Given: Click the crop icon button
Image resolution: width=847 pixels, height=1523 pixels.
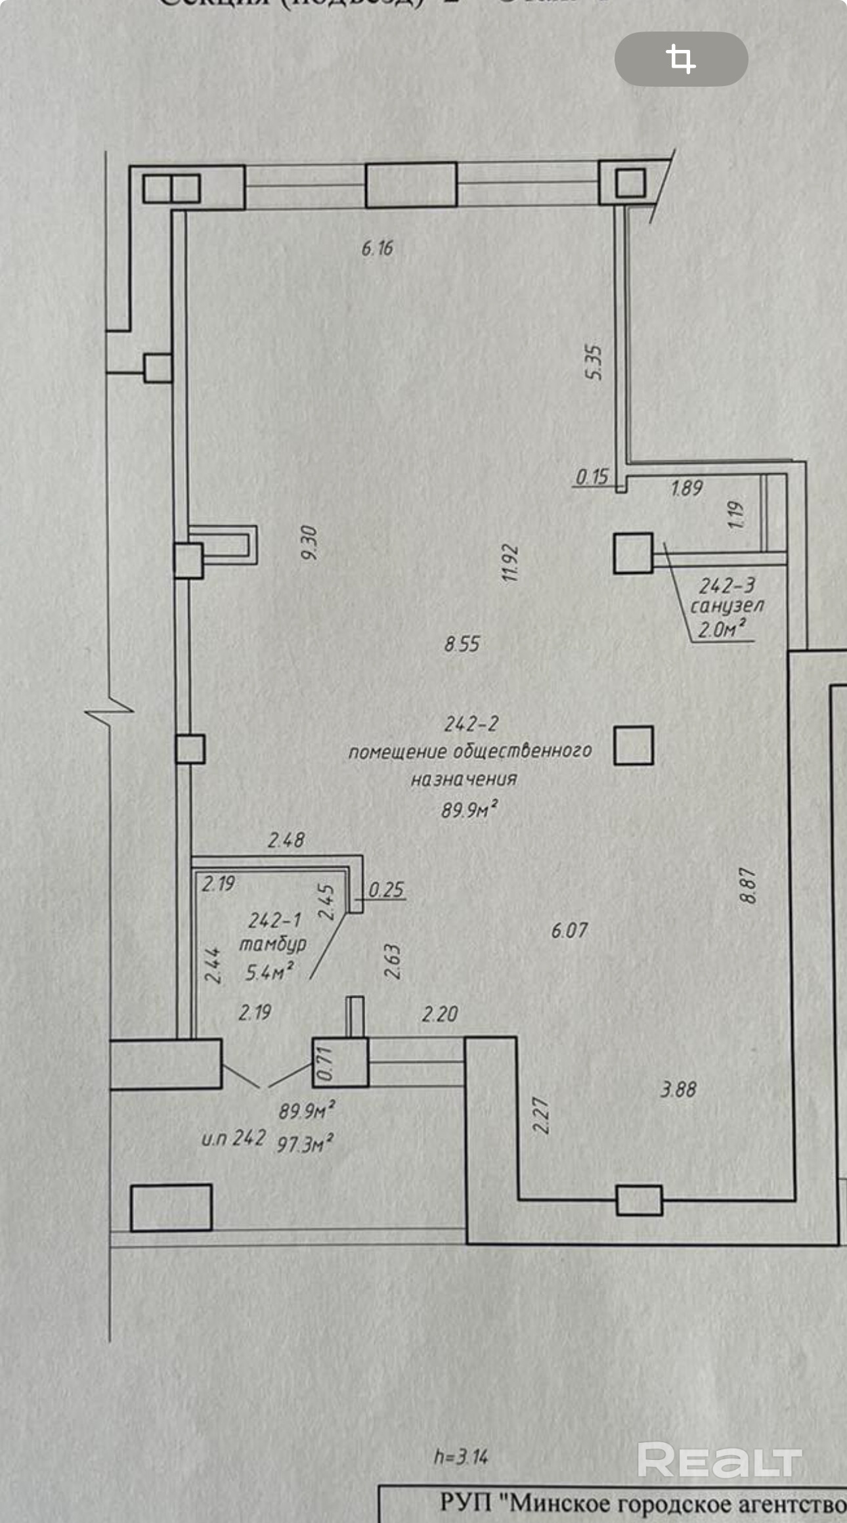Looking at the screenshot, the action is coord(681,59).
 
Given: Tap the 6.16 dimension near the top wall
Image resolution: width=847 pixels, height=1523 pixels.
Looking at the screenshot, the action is coord(377,248).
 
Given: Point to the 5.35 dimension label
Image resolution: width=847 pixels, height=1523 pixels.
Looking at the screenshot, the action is coord(593,362).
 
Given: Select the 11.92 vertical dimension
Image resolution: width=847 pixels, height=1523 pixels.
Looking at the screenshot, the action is coord(510,563).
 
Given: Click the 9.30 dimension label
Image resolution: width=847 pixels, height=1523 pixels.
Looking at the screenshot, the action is coord(309,542).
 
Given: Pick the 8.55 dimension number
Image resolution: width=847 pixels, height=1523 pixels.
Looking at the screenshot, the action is coord(462,644).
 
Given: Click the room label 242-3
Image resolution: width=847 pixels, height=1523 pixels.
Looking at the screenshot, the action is coord(727,585).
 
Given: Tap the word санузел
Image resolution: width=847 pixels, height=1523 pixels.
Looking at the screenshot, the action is coord(727,606).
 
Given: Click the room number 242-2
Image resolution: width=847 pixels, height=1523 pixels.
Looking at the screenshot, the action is coord(471,724).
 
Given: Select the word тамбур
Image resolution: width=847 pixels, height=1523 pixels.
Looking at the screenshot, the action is coord(272,944).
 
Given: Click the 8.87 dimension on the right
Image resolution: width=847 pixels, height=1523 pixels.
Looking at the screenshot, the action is coord(748,885).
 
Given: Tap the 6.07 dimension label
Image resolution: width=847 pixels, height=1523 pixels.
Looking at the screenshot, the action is coord(569,930).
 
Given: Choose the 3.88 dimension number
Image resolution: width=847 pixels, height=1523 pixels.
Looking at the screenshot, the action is coord(678,1090).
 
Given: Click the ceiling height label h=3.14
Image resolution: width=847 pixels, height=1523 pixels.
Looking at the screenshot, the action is coord(461,1457).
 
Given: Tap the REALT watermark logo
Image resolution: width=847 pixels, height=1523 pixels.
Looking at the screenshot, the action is coord(719,1461).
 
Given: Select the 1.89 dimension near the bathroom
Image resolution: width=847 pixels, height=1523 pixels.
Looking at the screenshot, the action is coord(687,488).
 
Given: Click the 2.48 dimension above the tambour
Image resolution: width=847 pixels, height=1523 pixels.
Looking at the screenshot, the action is coord(286,840).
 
